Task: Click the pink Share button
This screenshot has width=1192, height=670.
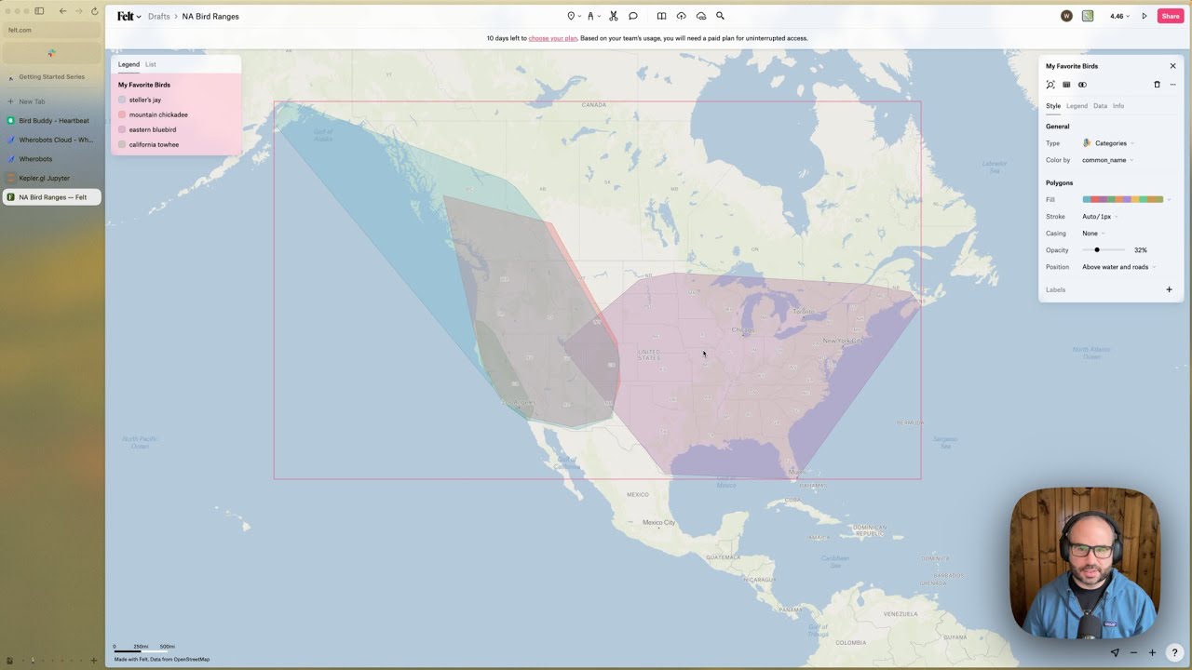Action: [1170, 16]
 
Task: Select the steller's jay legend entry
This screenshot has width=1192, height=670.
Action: [144, 100]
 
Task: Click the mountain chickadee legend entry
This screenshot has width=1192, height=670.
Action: [157, 114]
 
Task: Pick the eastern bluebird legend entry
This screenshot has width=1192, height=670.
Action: [152, 129]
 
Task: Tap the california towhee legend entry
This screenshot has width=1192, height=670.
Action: [154, 144]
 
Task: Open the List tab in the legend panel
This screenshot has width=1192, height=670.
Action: [151, 64]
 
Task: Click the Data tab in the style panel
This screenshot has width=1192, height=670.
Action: [1100, 106]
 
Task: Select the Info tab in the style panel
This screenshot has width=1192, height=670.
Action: [1118, 106]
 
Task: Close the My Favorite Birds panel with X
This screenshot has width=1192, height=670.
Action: [1172, 66]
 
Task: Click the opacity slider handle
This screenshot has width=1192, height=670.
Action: [1097, 250]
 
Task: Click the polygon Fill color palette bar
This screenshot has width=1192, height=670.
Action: [1122, 200]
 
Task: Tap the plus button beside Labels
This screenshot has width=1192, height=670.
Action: [1170, 289]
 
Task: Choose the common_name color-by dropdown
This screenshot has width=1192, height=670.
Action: [1106, 160]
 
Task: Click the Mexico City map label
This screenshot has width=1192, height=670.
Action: [658, 523]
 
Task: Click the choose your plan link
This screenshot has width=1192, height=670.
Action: [553, 38]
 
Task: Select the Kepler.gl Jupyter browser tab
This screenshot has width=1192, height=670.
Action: [45, 178]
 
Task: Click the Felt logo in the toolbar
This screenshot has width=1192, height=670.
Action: [125, 16]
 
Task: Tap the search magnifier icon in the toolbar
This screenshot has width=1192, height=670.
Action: [720, 16]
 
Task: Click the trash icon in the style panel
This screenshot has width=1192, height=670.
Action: [1158, 85]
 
